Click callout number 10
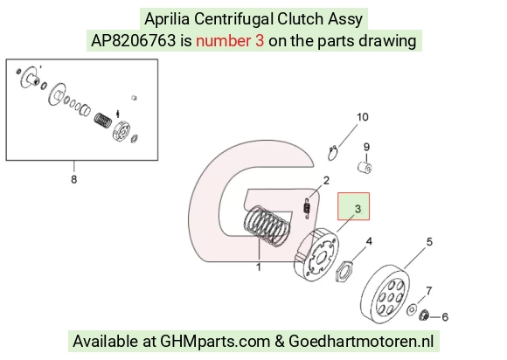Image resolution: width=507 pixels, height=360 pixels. click(x=363, y=117)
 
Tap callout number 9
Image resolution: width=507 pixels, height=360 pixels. click(x=366, y=147)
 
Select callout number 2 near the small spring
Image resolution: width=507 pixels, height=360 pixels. click(x=326, y=180)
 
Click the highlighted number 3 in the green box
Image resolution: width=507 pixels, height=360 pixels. click(x=358, y=209)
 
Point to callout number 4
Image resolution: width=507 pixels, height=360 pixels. click(x=369, y=241)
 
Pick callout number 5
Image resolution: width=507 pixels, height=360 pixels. click(x=429, y=242)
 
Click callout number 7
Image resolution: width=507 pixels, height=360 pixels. click(x=428, y=291)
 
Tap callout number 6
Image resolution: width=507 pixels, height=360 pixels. click(x=445, y=317)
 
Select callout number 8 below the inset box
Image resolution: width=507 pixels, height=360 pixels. click(x=74, y=179)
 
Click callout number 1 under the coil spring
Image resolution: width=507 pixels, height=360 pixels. click(x=259, y=267)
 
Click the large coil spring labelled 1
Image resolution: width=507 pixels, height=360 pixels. click(x=267, y=225)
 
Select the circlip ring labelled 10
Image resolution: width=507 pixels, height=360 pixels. click(x=333, y=153)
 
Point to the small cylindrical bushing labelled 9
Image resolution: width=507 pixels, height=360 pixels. click(x=365, y=168)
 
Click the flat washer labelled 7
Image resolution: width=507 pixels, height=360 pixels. click(x=412, y=309)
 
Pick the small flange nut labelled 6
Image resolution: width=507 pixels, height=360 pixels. click(x=424, y=315)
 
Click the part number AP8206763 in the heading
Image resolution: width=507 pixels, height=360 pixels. click(x=134, y=41)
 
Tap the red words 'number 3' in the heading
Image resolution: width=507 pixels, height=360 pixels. click(x=230, y=41)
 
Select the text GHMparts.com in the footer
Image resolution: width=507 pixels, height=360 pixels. click(x=215, y=342)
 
